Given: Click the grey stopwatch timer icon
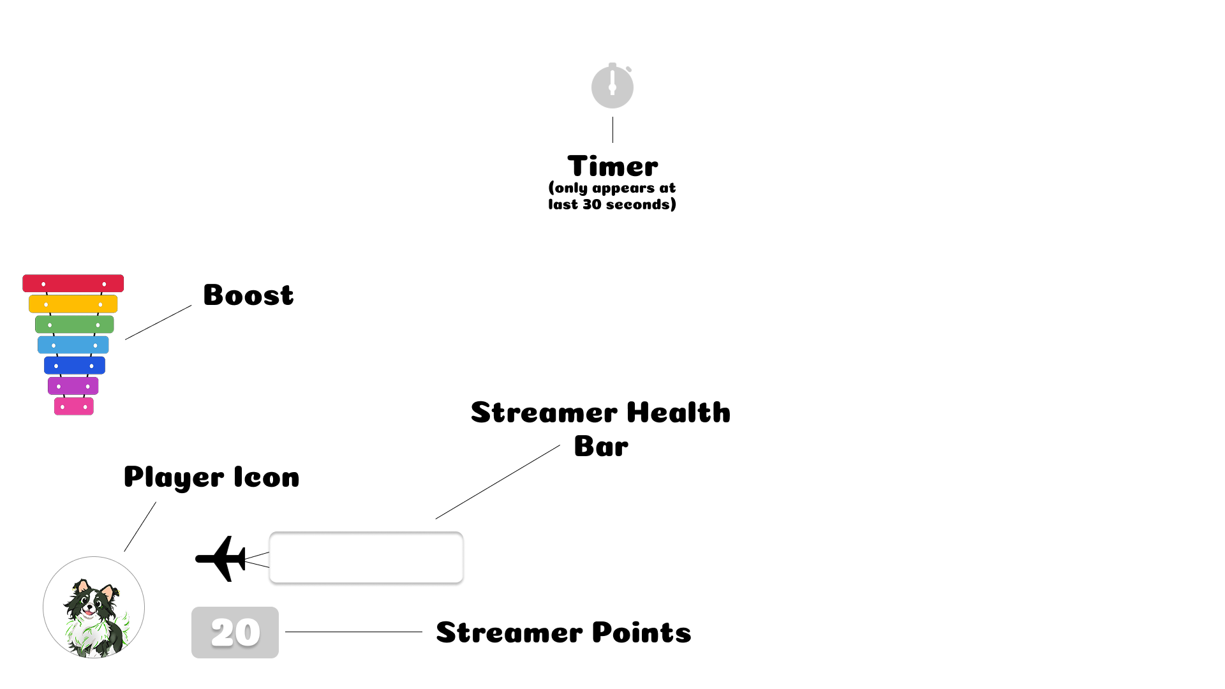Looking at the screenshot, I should point(612,86).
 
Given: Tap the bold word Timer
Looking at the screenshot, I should point(612,167).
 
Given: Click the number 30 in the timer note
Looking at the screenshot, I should point(591,205).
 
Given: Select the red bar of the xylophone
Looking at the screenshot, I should point(73,283).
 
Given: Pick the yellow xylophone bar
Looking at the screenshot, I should point(73,304).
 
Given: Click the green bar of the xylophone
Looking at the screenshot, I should point(74,324).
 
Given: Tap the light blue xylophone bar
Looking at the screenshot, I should point(73,344).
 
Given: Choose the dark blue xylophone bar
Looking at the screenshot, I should point(74,365).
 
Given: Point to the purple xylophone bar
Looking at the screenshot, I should point(73,385).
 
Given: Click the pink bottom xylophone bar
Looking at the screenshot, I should point(73,406).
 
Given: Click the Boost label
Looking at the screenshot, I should point(248,295).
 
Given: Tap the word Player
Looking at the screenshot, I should point(174,477).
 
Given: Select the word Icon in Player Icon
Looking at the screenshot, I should point(267,477).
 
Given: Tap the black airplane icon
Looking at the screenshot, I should point(220,559).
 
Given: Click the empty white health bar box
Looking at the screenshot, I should point(366,558).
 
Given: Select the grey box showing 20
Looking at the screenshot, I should point(235,632).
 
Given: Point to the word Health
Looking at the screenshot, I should point(678,413).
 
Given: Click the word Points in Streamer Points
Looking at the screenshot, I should point(641,632).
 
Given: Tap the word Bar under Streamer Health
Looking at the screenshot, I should point(601,446).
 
